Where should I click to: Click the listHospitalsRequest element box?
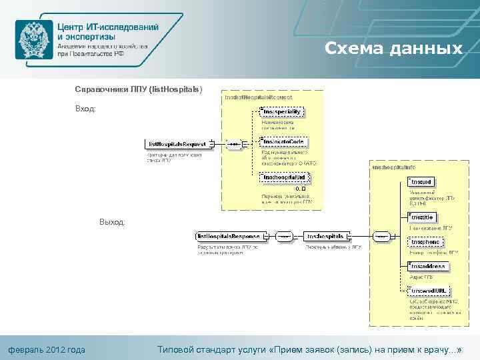point(177,143)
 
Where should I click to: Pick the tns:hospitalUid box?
point(284,177)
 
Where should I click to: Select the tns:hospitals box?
point(325,236)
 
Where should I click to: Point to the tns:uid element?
point(423,181)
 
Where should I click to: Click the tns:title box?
point(422,217)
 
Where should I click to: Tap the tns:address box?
point(428,266)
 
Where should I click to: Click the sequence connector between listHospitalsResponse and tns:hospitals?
point(284,236)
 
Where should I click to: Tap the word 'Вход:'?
point(85,109)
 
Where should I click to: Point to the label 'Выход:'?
point(112,222)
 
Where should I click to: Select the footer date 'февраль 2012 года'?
point(47,349)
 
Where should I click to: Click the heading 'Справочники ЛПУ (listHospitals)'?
point(138,89)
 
